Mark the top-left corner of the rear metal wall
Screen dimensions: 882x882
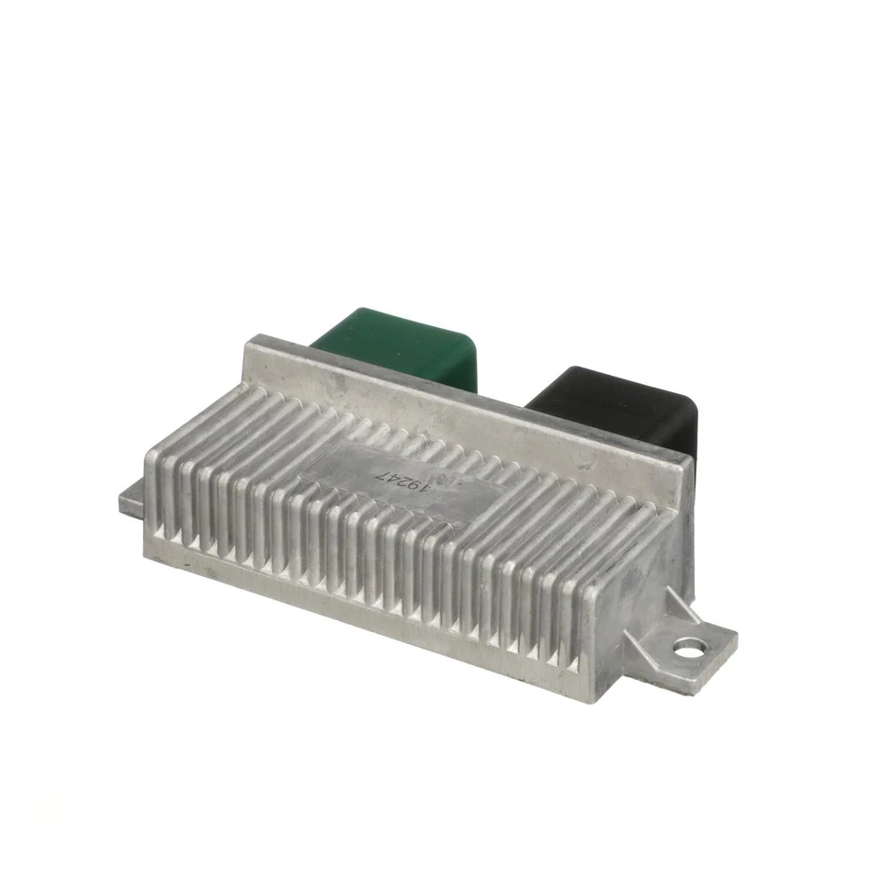click(x=248, y=343)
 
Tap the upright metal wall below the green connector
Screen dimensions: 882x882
click(x=386, y=386)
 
